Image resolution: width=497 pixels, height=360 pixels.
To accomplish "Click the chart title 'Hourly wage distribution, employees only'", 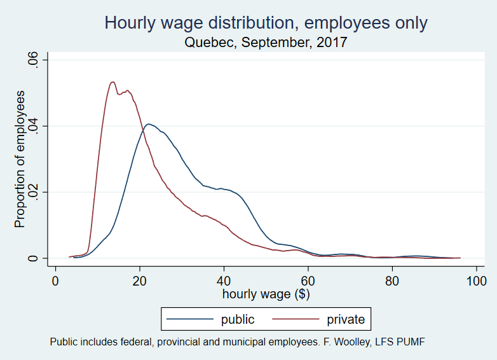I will click(x=266, y=24).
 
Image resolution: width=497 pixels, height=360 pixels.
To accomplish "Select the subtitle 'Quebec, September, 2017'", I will click(x=266, y=43).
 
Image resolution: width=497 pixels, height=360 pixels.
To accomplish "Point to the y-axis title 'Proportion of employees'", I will click(x=20, y=159).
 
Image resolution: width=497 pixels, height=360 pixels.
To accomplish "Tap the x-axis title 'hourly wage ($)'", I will click(x=266, y=294).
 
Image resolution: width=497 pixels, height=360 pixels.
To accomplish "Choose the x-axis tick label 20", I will click(x=139, y=280).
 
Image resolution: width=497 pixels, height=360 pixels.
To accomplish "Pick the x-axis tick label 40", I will click(x=224, y=280).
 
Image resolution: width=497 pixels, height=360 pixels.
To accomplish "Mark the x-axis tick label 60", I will click(x=308, y=280).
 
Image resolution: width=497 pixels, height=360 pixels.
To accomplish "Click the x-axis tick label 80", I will click(x=392, y=280).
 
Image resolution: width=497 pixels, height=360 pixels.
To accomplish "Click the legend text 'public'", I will click(x=238, y=319).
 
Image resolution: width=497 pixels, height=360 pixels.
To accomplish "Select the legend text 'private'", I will click(x=346, y=319).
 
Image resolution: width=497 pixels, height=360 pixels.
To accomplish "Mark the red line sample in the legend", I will click(x=296, y=319).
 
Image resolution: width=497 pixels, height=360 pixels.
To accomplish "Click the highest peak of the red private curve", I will click(x=112, y=81).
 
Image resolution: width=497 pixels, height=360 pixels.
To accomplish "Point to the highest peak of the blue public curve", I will click(x=147, y=124).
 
